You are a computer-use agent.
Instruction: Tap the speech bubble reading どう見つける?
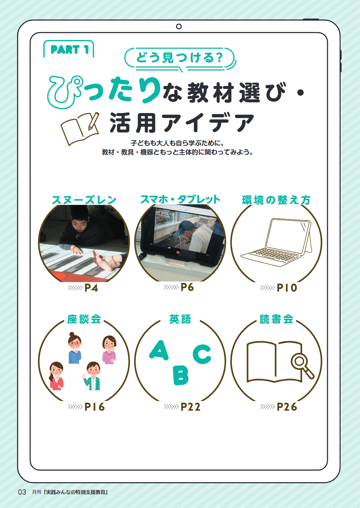point(180,58)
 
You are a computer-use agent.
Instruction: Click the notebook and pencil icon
point(80,128)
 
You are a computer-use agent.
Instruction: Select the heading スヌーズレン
point(84,200)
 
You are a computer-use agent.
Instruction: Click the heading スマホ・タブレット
point(180,199)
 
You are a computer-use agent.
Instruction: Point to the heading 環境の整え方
point(276,200)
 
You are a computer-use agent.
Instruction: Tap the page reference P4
point(91,288)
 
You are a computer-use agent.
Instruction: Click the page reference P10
point(287,288)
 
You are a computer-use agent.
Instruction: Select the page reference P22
point(190,407)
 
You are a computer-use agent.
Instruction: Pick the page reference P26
point(287,407)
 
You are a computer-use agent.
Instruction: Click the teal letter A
point(159,350)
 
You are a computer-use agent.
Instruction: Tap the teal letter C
point(202,354)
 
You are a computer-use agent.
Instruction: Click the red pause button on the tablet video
point(178,252)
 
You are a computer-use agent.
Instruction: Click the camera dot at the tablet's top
point(179,26)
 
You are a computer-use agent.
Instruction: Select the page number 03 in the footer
point(22,492)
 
